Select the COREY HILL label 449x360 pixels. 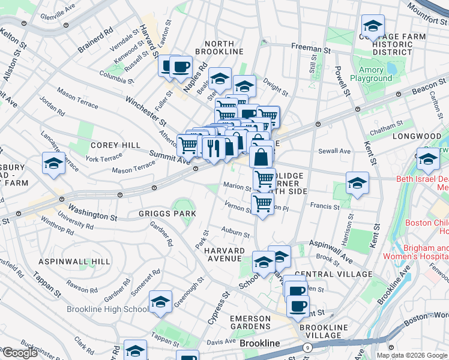115,145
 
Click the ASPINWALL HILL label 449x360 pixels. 74,262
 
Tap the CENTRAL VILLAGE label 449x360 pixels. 333,274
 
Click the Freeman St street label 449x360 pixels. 311,46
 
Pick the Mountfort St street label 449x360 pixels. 427,10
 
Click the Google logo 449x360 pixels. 20,352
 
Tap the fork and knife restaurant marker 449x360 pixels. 213,146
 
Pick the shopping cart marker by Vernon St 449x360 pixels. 262,204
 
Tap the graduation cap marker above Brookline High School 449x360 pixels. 160,302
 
